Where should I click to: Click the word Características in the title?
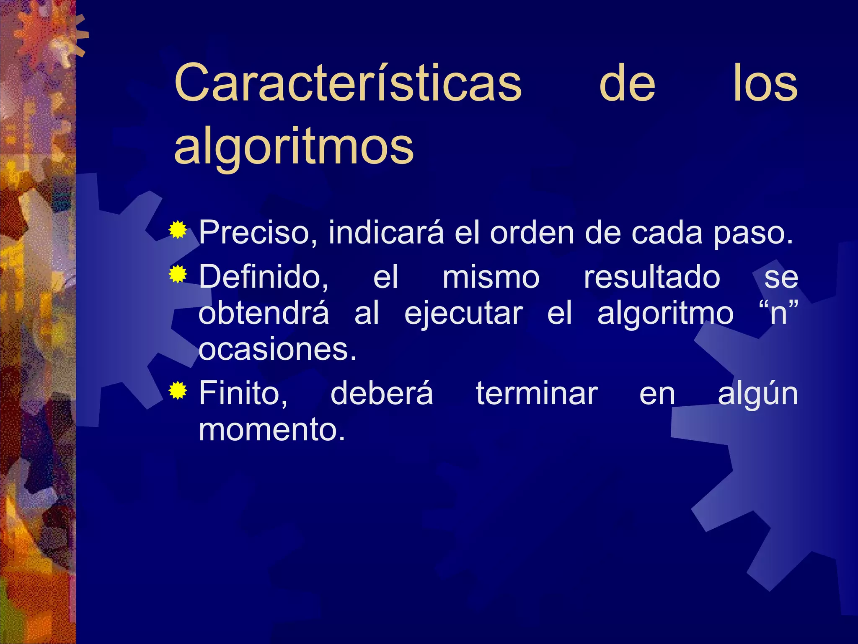tap(348, 83)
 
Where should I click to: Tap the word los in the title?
tap(765, 83)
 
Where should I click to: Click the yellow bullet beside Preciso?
tap(178, 230)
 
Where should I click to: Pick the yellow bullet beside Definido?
tap(178, 275)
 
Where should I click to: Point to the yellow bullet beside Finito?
tap(178, 391)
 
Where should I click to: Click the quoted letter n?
tap(778, 314)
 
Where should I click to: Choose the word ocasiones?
tap(277, 349)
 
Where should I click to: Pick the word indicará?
tap(386, 232)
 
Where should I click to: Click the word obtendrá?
tap(264, 314)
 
